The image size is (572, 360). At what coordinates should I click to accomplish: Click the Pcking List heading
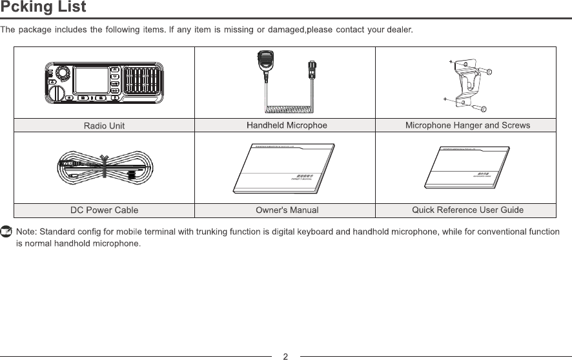[x=43, y=8]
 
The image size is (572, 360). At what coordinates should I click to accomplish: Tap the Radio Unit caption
[x=104, y=126]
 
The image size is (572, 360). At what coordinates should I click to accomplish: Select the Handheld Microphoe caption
[x=287, y=125]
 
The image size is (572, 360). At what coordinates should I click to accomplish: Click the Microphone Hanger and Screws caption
[x=467, y=125]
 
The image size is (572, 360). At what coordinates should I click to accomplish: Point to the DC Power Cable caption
[x=104, y=210]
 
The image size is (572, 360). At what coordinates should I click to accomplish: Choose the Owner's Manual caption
[x=287, y=210]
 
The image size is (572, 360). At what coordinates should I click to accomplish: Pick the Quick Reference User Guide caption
[x=467, y=210]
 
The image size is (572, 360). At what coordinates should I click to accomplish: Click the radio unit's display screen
[x=90, y=82]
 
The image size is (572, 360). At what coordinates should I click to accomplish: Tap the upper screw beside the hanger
[x=490, y=72]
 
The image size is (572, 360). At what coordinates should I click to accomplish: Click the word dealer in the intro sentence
[x=398, y=30]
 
